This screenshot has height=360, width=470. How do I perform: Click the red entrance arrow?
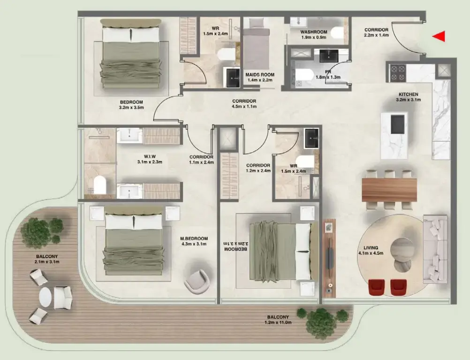click(x=439, y=37)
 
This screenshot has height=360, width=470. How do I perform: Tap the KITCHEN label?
click(x=407, y=94)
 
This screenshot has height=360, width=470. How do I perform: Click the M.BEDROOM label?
click(x=194, y=238)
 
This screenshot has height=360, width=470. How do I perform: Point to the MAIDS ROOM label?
click(x=259, y=75)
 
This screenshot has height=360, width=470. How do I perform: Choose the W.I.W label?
click(x=150, y=156)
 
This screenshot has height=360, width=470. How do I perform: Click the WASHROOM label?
click(x=314, y=32)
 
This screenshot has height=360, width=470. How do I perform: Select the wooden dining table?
click(x=389, y=190)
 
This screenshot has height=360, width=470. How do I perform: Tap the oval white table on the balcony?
click(x=45, y=297)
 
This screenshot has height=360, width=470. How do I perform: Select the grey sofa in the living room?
click(x=436, y=249)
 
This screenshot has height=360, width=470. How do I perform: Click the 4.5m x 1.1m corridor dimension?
click(x=244, y=107)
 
